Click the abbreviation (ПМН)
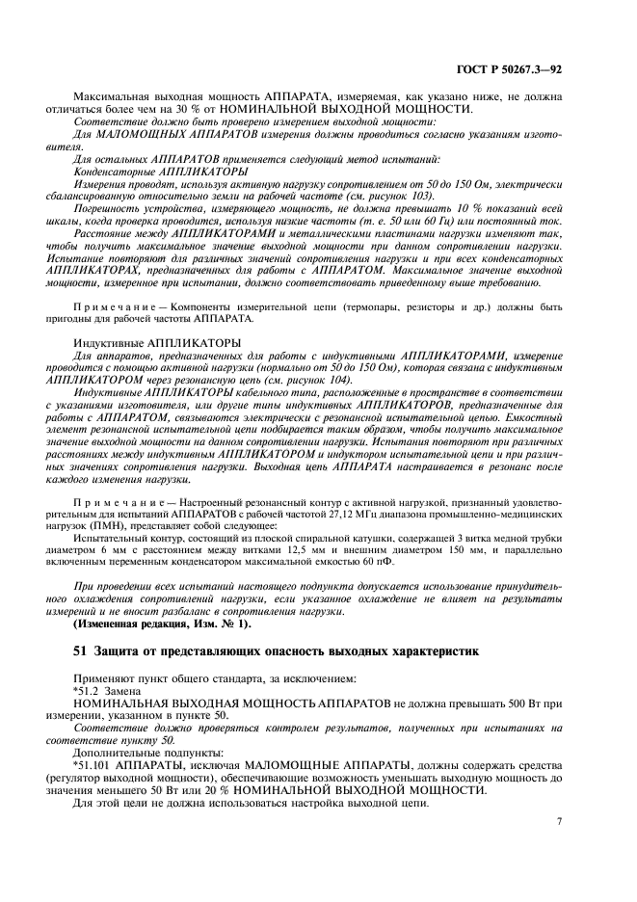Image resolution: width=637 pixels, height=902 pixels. click(x=94, y=527)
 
